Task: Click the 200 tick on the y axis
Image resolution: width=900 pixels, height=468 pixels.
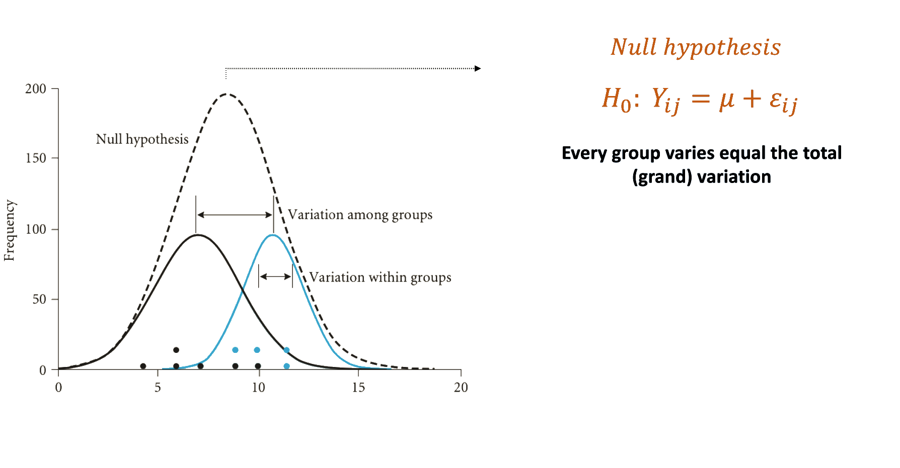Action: [x=36, y=89]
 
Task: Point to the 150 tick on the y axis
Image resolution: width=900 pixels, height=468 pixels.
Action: [x=36, y=158]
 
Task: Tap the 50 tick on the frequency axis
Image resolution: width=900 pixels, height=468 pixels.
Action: [x=39, y=300]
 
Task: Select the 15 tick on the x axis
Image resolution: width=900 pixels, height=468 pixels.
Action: [x=358, y=387]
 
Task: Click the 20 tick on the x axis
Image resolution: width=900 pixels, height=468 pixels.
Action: [x=461, y=387]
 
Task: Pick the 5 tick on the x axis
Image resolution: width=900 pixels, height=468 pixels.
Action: [x=158, y=387]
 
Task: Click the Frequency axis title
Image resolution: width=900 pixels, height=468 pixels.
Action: [x=10, y=230]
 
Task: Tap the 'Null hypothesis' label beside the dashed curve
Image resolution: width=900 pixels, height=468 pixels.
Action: [x=142, y=139]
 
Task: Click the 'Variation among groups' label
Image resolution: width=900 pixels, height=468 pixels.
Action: [x=360, y=215]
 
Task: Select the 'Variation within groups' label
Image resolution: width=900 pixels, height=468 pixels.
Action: [x=380, y=277]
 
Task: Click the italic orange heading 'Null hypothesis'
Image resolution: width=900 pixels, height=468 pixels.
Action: [x=696, y=47]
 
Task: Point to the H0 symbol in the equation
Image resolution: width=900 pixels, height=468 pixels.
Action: [x=616, y=99]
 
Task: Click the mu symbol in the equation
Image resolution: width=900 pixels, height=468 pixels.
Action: [x=727, y=99]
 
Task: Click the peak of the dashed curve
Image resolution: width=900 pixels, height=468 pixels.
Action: [x=227, y=94]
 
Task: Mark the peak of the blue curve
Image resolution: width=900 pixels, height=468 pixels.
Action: [x=272, y=235]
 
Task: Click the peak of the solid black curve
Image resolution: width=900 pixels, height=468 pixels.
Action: [x=198, y=235]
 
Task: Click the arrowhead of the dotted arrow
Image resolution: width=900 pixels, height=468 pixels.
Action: [x=478, y=68]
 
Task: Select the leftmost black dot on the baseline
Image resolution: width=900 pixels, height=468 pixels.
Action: [x=143, y=366]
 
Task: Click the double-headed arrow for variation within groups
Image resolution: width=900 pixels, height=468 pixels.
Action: [x=275, y=276]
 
